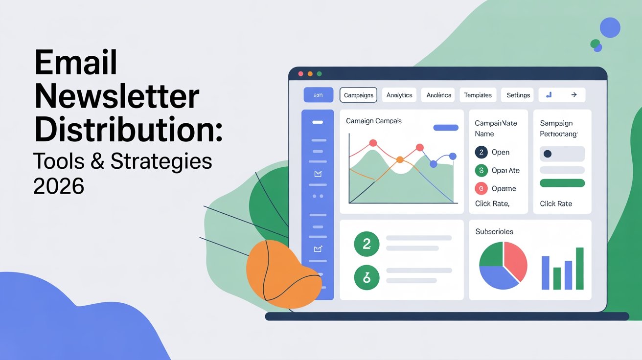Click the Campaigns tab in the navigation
(x=358, y=95)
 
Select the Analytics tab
(x=399, y=95)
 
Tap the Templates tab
(x=478, y=95)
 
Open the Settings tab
(x=518, y=95)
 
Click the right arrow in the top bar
(x=574, y=95)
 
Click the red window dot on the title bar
(x=300, y=74)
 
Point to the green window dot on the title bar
(x=319, y=74)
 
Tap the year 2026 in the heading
(x=59, y=186)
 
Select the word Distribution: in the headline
(x=128, y=128)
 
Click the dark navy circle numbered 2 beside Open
(x=481, y=152)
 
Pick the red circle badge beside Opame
(x=481, y=188)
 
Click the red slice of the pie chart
(x=516, y=259)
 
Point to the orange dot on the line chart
(x=400, y=159)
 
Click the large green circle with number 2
(x=367, y=244)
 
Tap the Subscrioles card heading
(x=494, y=231)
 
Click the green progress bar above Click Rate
(x=562, y=183)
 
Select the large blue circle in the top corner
(x=610, y=27)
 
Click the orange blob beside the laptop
(x=281, y=274)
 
